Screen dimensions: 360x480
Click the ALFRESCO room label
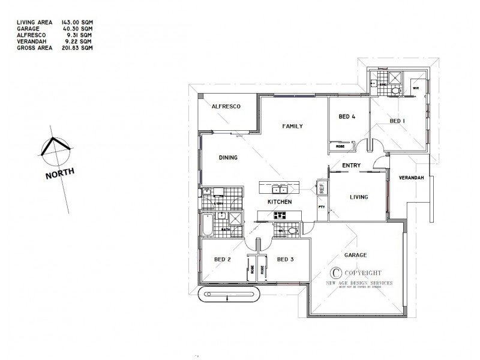[226, 106]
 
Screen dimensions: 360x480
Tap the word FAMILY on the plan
[292, 126]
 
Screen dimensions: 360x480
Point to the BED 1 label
[397, 121]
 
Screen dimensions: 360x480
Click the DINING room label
[228, 158]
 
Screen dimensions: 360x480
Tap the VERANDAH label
[412, 178]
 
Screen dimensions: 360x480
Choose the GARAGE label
[355, 255]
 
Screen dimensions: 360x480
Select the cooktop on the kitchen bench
[280, 215]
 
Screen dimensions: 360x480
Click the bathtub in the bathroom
[207, 227]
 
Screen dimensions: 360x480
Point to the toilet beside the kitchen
[292, 230]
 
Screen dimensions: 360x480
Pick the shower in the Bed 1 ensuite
[395, 77]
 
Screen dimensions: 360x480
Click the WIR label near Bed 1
[415, 88]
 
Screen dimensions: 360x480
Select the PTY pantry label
[321, 207]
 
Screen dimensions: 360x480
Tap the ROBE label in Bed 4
[340, 146]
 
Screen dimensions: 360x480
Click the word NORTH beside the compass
[59, 173]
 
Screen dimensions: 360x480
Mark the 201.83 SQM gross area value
[80, 47]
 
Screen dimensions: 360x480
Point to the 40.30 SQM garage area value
[80, 29]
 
